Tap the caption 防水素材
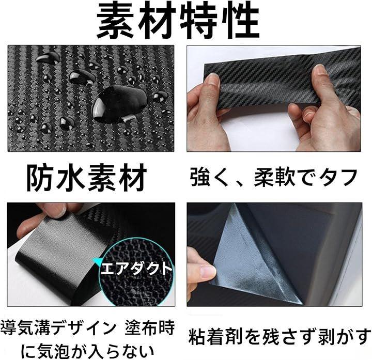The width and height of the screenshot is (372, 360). click(x=86, y=178)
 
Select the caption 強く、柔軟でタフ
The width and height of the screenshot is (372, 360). click(x=273, y=177)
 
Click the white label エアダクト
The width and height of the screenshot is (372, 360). click(x=137, y=269)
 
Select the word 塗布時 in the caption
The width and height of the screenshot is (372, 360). click(x=150, y=328)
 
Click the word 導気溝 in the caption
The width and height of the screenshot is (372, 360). click(x=26, y=328)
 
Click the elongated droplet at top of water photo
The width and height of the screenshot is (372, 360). click(x=48, y=57)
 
